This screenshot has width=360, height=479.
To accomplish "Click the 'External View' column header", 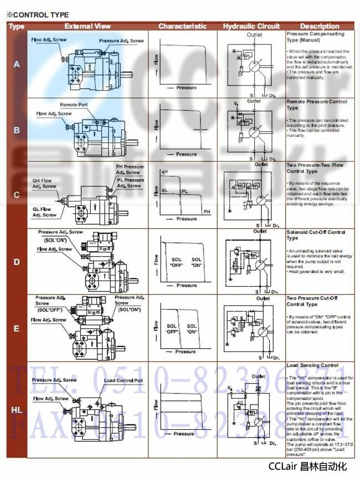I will pos(88,26).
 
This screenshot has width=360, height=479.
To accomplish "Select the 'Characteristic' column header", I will pos(182,26).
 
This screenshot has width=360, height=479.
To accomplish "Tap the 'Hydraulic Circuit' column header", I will pos(251,26).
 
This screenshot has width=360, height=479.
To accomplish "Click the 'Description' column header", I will pos(320,26).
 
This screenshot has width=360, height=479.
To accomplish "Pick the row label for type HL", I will pos(17,410).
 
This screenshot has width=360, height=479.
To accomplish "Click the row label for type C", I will pos(17,195).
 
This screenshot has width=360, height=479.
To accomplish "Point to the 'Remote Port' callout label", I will pos(74,105).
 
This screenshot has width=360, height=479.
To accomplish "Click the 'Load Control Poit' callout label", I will pos(124,380).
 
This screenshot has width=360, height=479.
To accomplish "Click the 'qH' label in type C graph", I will pos(164,172).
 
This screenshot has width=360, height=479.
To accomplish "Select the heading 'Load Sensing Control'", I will pos(312,366).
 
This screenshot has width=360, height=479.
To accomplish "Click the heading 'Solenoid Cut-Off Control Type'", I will pos(316,235).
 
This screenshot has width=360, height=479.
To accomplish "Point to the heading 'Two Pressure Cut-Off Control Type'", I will pos(310,301).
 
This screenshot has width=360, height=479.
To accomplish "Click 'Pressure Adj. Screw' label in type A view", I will pos(121,41).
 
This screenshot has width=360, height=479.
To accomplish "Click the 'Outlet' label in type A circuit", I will pos(254,34).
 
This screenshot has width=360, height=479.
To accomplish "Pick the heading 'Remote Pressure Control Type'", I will pos(316,104).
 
